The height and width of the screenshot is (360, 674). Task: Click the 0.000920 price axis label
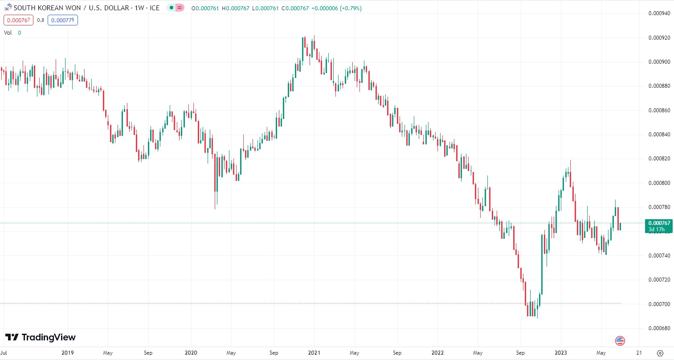(x=659, y=38)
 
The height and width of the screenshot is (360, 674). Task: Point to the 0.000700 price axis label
(x=659, y=304)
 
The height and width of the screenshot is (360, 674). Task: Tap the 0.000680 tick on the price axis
(x=659, y=328)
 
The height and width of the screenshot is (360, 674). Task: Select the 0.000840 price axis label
(x=659, y=135)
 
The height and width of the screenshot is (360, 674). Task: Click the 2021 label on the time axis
(x=314, y=353)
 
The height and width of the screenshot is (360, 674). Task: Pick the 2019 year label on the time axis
(x=68, y=353)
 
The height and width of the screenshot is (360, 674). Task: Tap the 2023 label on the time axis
(x=561, y=353)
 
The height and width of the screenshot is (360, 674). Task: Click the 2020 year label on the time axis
(x=191, y=353)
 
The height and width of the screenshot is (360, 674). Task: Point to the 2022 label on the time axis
(x=437, y=353)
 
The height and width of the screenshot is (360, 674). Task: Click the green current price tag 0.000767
(x=659, y=226)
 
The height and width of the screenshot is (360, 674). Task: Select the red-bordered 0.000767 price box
(x=19, y=20)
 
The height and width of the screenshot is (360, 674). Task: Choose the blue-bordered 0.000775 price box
(x=63, y=20)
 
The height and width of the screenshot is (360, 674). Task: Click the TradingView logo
(x=41, y=337)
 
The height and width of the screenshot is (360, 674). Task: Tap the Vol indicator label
(x=8, y=33)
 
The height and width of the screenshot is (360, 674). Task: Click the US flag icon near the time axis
(x=620, y=341)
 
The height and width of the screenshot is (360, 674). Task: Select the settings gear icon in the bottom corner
(x=660, y=353)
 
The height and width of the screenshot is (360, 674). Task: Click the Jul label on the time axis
(x=4, y=353)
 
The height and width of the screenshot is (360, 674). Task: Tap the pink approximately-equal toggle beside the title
(x=180, y=8)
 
